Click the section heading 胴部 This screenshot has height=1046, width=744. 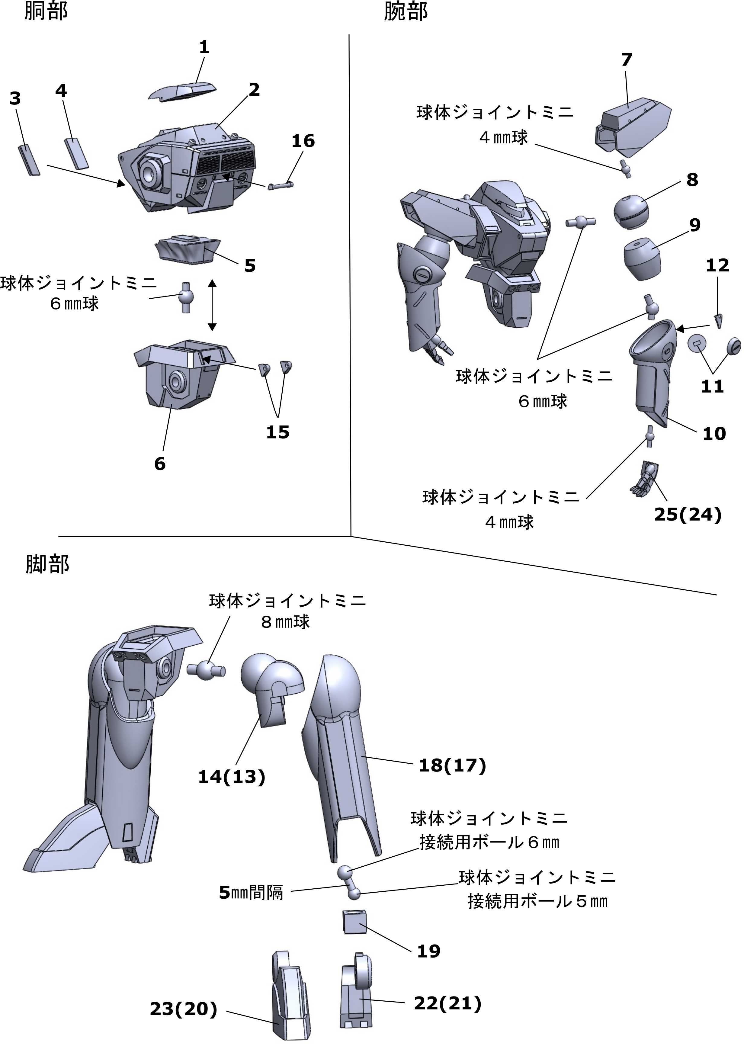click(46, 11)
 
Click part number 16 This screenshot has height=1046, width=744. click(303, 141)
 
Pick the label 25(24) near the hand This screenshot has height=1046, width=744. click(687, 515)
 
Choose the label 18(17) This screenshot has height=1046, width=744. click(452, 765)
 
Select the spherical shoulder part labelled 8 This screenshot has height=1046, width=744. click(631, 211)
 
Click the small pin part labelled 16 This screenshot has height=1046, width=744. click(281, 186)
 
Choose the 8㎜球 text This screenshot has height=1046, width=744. click(285, 622)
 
